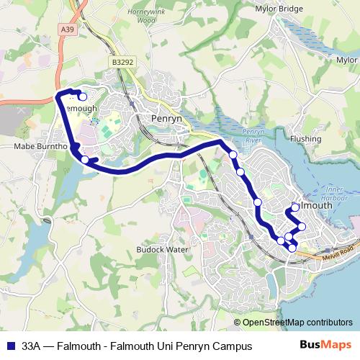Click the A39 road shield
68,28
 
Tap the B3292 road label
122,63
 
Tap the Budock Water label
162,249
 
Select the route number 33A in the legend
31,346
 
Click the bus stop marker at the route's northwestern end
82,97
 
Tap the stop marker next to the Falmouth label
295,207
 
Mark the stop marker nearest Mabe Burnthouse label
85,159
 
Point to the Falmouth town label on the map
317,205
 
